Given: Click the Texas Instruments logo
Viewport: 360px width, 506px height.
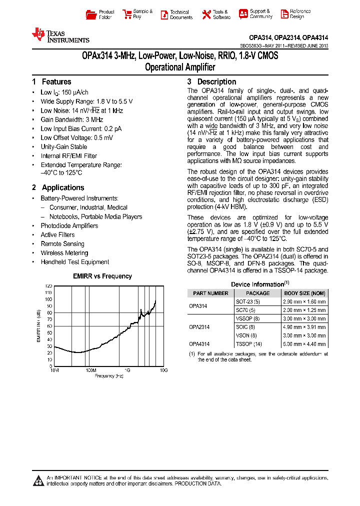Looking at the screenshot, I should pos(60,34).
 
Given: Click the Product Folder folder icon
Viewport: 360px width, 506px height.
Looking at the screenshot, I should pos(90,14).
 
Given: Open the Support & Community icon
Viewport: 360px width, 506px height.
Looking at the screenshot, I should pos(243,14).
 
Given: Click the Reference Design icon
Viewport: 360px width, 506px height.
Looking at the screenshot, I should pos(284,14).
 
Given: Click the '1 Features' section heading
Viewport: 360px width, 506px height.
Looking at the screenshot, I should pos(51,82).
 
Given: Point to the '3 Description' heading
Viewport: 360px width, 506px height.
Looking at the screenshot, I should pos(211,82).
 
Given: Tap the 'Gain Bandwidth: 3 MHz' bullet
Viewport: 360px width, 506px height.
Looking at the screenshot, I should pos(71,119).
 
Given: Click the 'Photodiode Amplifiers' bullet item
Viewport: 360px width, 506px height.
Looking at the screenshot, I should pos(69,226).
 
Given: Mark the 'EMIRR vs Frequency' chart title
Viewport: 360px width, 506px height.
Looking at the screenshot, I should pos(102,276).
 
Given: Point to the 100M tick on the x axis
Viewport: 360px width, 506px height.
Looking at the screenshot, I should pos(90,370).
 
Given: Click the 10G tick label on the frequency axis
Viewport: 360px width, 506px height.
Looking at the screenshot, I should pos(163,370).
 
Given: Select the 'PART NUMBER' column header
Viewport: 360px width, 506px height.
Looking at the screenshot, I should pos(210,293).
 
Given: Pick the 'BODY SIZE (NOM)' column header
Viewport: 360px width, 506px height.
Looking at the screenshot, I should pos(304,293).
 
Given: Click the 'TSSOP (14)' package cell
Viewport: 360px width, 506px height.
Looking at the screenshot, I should pos(248,344).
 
